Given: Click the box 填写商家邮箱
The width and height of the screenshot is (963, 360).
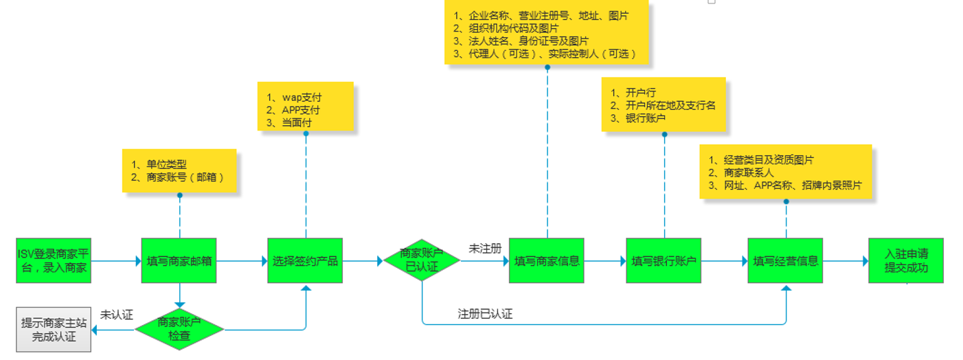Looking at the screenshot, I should click(x=179, y=260).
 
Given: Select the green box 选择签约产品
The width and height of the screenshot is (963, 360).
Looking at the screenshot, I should click(x=305, y=260).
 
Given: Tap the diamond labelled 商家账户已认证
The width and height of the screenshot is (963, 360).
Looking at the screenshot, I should click(x=421, y=260).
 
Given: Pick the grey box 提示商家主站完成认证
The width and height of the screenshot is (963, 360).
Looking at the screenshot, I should click(x=54, y=330).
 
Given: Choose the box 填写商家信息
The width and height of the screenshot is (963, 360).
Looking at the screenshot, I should click(x=546, y=260).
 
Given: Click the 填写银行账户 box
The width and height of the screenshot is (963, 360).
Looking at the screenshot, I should click(x=664, y=260).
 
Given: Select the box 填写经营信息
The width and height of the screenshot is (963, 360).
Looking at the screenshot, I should click(x=785, y=260).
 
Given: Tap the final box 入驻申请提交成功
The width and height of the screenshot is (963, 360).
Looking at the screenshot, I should click(x=905, y=260).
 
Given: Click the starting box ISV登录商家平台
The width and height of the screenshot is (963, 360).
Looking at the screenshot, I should click(x=54, y=260).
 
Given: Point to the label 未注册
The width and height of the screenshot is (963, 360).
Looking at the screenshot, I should click(x=485, y=247).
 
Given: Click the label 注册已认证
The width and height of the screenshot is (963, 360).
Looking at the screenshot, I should click(x=485, y=314).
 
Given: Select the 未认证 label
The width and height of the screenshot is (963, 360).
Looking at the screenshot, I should click(x=116, y=315).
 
